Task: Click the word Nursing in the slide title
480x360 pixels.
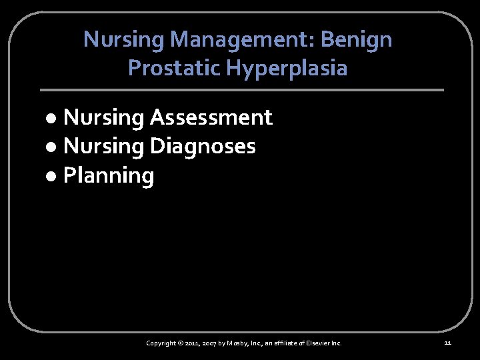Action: point(125,40)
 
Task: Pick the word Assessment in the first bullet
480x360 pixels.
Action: point(211,118)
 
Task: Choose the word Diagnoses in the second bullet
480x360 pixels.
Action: point(203,147)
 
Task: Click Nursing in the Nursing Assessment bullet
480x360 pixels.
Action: point(104,118)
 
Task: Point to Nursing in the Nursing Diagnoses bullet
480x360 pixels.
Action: point(104,147)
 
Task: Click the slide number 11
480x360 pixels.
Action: point(447,343)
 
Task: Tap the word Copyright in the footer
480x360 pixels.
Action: point(162,343)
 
